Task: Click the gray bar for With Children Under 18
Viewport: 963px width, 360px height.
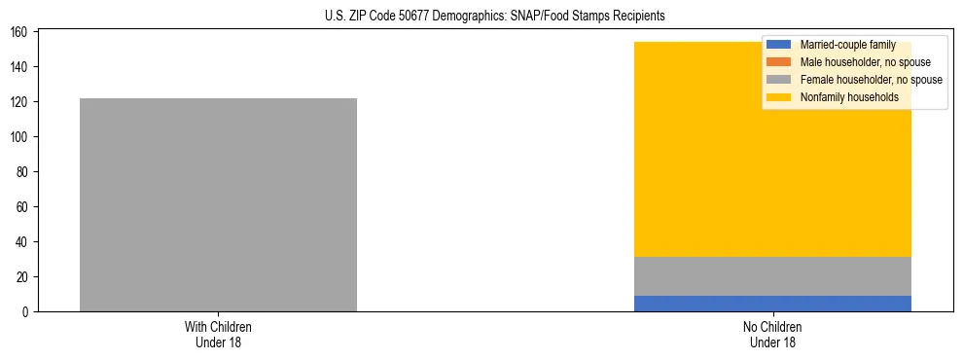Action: pyautogui.click(x=218, y=204)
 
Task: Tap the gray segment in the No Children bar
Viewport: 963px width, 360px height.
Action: pyautogui.click(x=772, y=276)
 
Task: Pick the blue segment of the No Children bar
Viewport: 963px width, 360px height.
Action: pyautogui.click(x=772, y=304)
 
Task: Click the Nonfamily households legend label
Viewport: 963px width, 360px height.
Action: pyautogui.click(x=849, y=97)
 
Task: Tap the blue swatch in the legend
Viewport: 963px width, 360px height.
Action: pyautogui.click(x=779, y=45)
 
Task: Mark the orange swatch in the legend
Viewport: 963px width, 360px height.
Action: pyautogui.click(x=779, y=62)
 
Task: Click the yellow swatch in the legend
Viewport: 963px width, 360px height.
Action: pyautogui.click(x=779, y=97)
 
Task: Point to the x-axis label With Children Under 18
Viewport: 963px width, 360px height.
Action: pyautogui.click(x=218, y=334)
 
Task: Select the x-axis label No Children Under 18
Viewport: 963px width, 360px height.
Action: pyautogui.click(x=772, y=334)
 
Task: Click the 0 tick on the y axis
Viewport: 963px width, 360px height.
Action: pyautogui.click(x=27, y=312)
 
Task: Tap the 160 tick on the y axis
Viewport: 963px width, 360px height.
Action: pyautogui.click(x=21, y=32)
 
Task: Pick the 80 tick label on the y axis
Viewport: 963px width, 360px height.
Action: pyautogui.click(x=24, y=172)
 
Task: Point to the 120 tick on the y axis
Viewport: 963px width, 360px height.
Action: pyautogui.click(x=21, y=102)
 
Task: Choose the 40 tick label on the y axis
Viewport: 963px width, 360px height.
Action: pyautogui.click(x=24, y=242)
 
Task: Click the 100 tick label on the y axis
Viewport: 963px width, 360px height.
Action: pyautogui.click(x=21, y=137)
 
